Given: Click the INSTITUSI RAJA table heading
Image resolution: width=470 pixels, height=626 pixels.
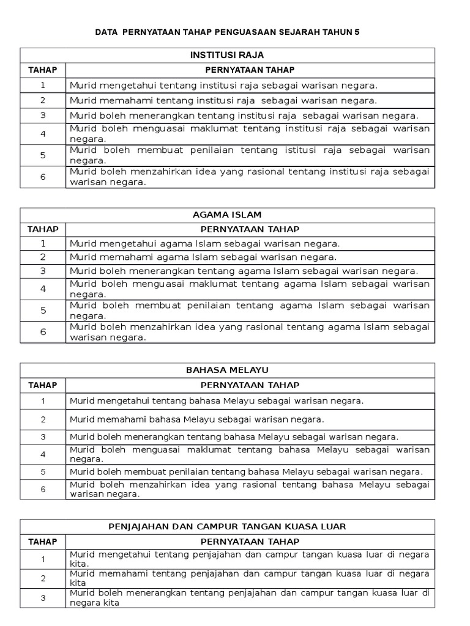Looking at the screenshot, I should click(227, 56).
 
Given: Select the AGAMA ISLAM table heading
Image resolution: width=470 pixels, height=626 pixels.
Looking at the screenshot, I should click(227, 215).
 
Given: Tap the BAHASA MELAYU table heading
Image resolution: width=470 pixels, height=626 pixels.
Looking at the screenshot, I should click(227, 370).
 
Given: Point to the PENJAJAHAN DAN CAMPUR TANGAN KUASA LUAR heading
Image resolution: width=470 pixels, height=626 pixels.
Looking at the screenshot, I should click(227, 526).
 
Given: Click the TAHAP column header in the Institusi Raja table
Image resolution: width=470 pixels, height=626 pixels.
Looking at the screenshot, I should click(43, 70).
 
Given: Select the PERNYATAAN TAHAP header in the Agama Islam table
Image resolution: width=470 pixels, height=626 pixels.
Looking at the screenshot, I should click(250, 229).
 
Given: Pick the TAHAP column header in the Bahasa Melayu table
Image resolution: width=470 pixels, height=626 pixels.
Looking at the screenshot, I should click(43, 385).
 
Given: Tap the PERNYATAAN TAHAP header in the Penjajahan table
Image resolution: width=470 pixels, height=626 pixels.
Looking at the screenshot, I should click(250, 542).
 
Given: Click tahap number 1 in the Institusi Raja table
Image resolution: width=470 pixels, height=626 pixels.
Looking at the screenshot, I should click(43, 86).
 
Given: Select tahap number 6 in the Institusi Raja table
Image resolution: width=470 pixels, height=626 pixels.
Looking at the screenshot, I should click(43, 177).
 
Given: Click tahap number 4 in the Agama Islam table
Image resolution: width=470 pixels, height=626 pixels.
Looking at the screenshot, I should click(43, 289).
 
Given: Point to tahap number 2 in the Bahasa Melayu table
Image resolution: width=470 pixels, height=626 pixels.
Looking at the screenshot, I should click(43, 419).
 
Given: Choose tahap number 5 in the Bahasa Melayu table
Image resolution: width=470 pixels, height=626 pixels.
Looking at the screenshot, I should click(43, 472).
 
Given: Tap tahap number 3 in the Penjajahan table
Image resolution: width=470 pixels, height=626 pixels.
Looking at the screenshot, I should click(43, 598).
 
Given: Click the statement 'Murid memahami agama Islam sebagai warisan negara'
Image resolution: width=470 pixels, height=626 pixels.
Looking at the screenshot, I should click(203, 257).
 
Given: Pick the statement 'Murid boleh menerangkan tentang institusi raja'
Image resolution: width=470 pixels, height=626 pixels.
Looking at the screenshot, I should click(244, 116).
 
